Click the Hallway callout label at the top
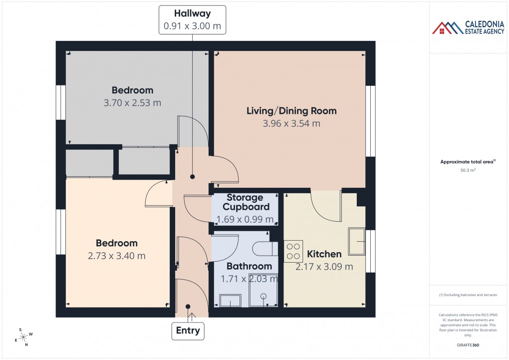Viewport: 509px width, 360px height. pyautogui.click(x=192, y=20)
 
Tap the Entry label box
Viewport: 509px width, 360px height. pyautogui.click(x=188, y=330)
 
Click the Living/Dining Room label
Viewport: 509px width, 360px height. pyautogui.click(x=291, y=111)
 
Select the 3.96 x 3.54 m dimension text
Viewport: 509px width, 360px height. pyautogui.click(x=291, y=123)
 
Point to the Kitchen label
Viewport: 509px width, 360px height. pyautogui.click(x=324, y=254)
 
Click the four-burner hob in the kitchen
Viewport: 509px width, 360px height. pyautogui.click(x=293, y=251)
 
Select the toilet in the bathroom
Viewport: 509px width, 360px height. pyautogui.click(x=264, y=249)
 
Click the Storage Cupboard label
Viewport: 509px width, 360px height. pyautogui.click(x=246, y=202)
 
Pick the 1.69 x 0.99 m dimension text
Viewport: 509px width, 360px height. pyautogui.click(x=245, y=219)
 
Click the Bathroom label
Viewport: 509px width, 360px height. pyautogui.click(x=249, y=266)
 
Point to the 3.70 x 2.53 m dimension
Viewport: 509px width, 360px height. pyautogui.click(x=132, y=103)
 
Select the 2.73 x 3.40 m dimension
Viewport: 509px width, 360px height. pyautogui.click(x=116, y=256)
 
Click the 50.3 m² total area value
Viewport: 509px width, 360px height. pyautogui.click(x=468, y=170)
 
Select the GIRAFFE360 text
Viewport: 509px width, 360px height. pyautogui.click(x=468, y=345)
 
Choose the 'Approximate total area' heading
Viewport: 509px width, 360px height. pyautogui.click(x=467, y=161)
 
